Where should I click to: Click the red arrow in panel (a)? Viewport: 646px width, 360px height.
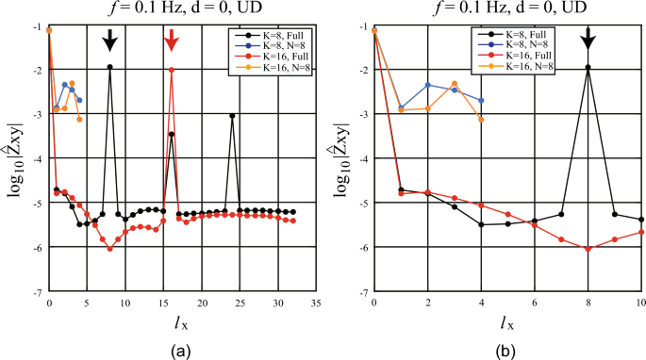point(171,40)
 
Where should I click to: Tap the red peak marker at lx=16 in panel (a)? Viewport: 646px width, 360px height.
point(171,70)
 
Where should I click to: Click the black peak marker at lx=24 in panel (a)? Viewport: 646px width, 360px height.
point(232,116)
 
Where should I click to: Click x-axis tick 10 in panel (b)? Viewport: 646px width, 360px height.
point(641,303)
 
